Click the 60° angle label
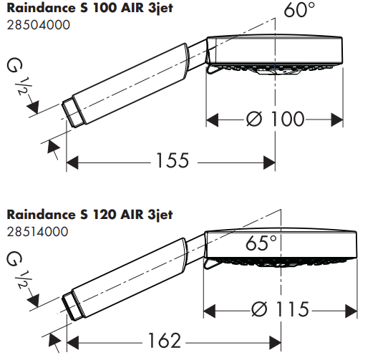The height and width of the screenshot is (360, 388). [x=299, y=11]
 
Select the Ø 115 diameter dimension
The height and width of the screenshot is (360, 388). [x=280, y=309]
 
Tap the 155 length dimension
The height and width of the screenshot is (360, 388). [x=171, y=161]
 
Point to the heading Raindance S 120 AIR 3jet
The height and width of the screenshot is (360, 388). [x=89, y=214]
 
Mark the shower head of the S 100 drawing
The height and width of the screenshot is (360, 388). [x=276, y=54]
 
